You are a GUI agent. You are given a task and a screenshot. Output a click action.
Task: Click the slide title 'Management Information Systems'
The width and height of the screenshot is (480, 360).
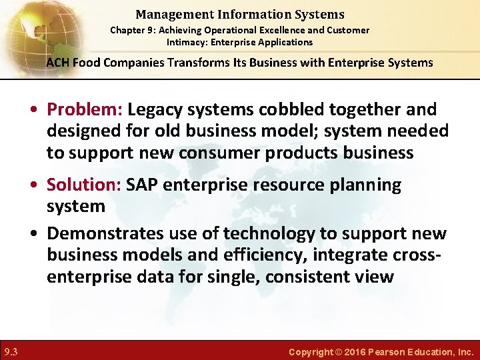pos(239,14)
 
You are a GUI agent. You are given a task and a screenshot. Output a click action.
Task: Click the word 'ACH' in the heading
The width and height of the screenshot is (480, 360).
pos(57,63)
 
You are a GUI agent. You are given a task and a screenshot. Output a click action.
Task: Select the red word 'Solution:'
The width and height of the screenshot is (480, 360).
pos(83,185)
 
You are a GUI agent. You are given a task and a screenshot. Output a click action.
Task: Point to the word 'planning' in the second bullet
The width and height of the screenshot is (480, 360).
pos(365,185)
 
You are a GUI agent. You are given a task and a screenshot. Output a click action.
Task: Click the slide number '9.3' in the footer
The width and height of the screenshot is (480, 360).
pos(11,351)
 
